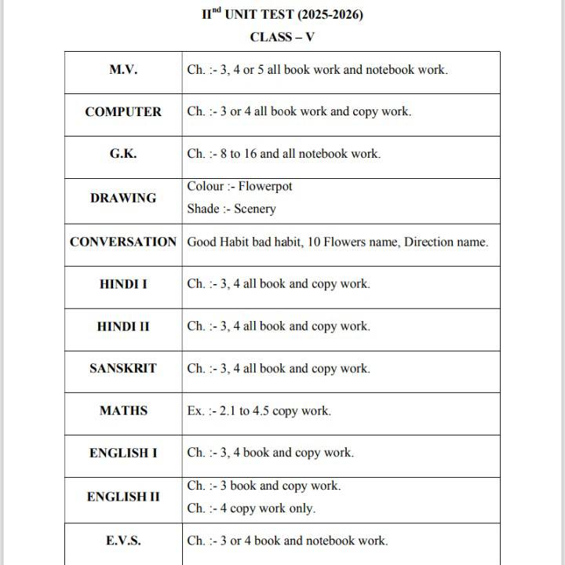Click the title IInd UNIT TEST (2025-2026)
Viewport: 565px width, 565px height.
pyautogui.click(x=282, y=15)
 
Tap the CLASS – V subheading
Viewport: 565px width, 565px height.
pyautogui.click(x=282, y=37)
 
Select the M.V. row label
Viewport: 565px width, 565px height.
pyautogui.click(x=123, y=70)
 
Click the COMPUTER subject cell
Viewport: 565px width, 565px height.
pyautogui.click(x=123, y=111)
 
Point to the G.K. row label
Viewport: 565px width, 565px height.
pyautogui.click(x=123, y=154)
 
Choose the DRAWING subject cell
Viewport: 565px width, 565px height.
pyautogui.click(x=123, y=198)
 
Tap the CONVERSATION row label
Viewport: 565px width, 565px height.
pyautogui.click(x=123, y=242)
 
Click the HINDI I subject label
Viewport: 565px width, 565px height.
pyautogui.click(x=123, y=284)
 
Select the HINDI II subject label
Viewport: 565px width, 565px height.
pyautogui.click(x=123, y=326)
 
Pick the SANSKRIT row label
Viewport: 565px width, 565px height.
pyautogui.click(x=123, y=368)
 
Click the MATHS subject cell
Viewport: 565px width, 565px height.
pyautogui.click(x=123, y=410)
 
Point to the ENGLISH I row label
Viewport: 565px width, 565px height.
pyautogui.click(x=123, y=453)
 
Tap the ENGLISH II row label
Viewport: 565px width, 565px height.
pyautogui.click(x=123, y=497)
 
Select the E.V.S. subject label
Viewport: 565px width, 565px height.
pyautogui.click(x=123, y=541)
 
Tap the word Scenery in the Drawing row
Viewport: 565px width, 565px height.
pyautogui.click(x=255, y=210)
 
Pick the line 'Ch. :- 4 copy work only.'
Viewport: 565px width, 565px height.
pyautogui.click(x=251, y=508)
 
